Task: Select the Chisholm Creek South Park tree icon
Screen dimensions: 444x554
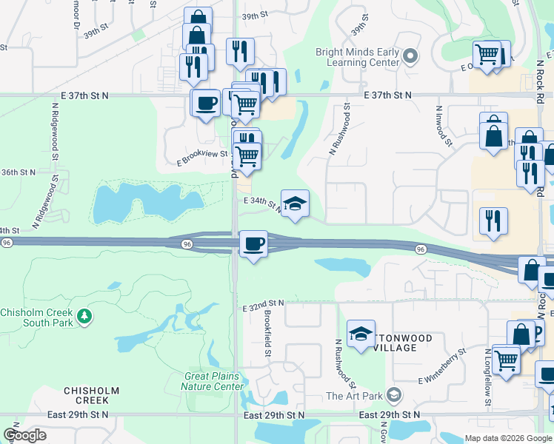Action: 85,317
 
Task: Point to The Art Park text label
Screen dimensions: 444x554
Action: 356,396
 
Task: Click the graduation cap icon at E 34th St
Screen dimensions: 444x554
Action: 295,203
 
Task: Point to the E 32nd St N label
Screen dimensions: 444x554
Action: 263,304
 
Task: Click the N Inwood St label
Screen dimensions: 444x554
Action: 443,126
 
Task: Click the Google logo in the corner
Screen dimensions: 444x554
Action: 24,435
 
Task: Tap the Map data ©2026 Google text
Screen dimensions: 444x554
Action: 507,438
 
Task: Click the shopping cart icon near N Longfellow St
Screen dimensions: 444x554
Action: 507,361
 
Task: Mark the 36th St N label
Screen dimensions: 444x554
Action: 18,172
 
